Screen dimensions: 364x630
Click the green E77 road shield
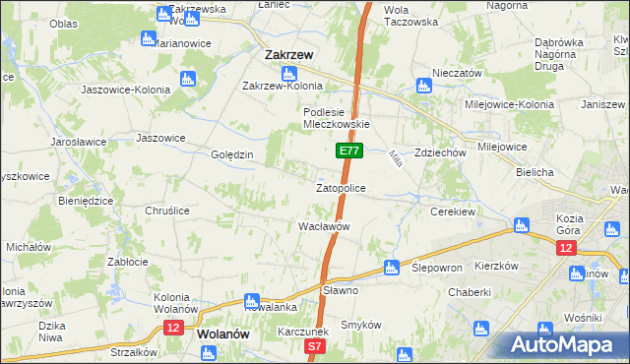pyautogui.click(x=349, y=151)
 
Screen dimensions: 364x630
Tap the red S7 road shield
pyautogui.click(x=314, y=346)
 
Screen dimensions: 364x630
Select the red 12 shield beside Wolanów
pyautogui.click(x=173, y=328)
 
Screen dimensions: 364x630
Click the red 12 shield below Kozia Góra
pyautogui.click(x=566, y=249)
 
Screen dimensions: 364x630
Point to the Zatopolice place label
pyautogui.click(x=341, y=187)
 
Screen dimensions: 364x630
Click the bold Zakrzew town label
pyautogui.click(x=288, y=56)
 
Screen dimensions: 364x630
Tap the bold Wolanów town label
pyautogui.click(x=222, y=334)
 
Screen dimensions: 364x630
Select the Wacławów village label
pyautogui.click(x=325, y=226)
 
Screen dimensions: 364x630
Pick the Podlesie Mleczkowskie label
pyautogui.click(x=336, y=118)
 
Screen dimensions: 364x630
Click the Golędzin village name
pyautogui.click(x=232, y=155)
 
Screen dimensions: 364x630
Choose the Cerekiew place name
pyautogui.click(x=453, y=211)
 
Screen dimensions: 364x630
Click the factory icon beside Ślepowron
pyautogui.click(x=391, y=267)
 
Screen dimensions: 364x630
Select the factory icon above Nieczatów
pyautogui.click(x=424, y=86)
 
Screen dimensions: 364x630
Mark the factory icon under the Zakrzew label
pyautogui.click(x=289, y=74)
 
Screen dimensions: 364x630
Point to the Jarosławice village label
pyautogui.click(x=79, y=142)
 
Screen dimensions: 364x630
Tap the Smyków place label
pyautogui.click(x=360, y=324)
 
